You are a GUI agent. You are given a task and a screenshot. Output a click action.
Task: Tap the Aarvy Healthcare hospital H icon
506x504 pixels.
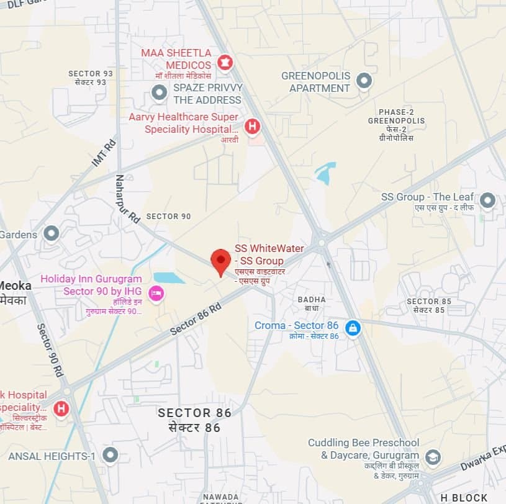[x=252, y=126]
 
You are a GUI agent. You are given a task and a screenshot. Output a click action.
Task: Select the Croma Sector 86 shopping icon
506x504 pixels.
[x=353, y=327]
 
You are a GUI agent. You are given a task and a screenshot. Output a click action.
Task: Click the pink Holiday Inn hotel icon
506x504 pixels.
[x=156, y=292]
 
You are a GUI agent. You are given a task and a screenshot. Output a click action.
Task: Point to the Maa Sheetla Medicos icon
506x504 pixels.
[x=225, y=61]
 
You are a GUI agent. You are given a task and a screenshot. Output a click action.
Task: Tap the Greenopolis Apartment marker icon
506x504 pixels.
[x=364, y=81]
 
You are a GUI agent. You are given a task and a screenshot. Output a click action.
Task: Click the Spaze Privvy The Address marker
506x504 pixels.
[x=160, y=94]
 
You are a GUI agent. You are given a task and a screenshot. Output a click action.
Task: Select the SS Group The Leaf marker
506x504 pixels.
[x=488, y=200]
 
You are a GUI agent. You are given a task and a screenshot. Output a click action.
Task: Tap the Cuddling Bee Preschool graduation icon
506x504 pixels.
[x=433, y=457]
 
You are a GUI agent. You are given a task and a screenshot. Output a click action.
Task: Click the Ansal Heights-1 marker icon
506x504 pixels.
[x=111, y=456]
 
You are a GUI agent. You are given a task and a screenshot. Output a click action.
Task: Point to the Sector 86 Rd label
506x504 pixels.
[x=196, y=320]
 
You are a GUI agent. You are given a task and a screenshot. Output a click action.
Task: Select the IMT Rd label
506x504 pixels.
[x=104, y=153]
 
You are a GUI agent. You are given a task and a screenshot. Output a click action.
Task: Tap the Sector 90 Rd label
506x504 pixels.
[x=50, y=350]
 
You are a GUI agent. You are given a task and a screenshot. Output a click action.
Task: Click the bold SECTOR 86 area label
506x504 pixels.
[x=194, y=413]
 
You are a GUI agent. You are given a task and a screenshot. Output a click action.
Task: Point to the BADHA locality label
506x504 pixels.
[x=311, y=299]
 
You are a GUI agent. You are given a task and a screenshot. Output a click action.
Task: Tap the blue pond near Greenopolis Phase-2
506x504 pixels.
[x=325, y=173]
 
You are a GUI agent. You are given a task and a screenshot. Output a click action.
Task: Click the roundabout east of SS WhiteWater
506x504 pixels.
[x=321, y=240]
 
